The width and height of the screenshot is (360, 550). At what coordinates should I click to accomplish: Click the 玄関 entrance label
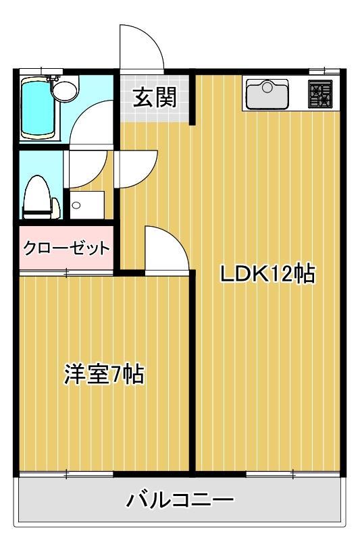click(x=154, y=99)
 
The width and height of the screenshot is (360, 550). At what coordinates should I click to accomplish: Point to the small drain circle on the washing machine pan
click(x=76, y=206)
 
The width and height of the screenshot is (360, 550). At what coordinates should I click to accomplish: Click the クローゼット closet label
click(x=66, y=248)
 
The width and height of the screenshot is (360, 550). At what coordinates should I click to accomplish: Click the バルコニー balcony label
click(x=180, y=500)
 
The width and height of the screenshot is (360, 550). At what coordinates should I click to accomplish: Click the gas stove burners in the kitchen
click(x=320, y=94)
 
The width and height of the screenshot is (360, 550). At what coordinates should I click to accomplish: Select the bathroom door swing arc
click(x=91, y=121)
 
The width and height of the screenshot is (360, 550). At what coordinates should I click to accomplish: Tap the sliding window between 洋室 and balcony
click(x=66, y=475)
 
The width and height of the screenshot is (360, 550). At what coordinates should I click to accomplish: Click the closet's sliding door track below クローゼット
click(x=66, y=273)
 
